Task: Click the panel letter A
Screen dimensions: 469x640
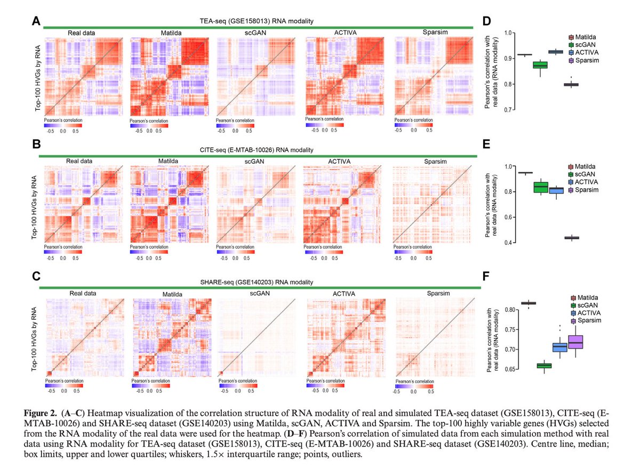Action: click(x=36, y=21)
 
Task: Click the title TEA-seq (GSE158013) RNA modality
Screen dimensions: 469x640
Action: click(x=259, y=21)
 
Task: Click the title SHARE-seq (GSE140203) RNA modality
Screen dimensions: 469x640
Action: click(x=259, y=281)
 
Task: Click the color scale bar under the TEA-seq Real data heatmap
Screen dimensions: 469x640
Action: click(x=63, y=125)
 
